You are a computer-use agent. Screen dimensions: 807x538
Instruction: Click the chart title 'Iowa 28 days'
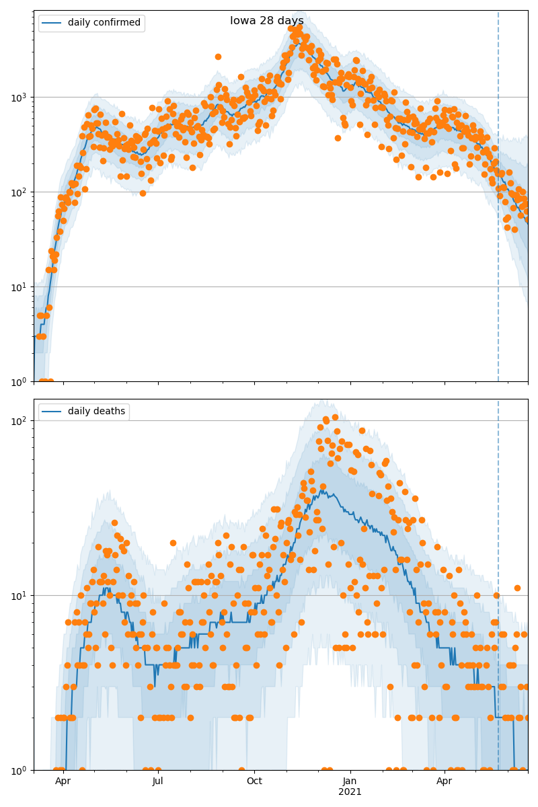click(x=266, y=21)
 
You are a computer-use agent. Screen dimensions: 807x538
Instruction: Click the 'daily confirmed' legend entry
click(x=104, y=23)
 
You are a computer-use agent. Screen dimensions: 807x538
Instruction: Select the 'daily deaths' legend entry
click(x=96, y=412)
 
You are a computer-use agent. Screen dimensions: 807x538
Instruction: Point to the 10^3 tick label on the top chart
click(x=20, y=97)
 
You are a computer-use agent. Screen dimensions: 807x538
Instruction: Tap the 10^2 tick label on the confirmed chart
click(x=20, y=192)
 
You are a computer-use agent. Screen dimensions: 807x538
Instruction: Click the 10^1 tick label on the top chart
click(x=20, y=286)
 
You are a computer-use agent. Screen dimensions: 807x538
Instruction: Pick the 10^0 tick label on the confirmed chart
click(x=20, y=381)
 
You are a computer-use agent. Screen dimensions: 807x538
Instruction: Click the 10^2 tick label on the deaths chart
click(x=20, y=420)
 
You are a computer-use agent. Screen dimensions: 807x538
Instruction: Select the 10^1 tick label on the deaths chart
click(x=20, y=595)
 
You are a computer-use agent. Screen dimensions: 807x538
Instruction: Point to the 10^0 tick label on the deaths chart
click(x=20, y=770)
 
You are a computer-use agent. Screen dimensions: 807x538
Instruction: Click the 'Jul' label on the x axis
click(x=158, y=781)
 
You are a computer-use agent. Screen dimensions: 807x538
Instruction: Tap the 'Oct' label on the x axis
click(x=254, y=781)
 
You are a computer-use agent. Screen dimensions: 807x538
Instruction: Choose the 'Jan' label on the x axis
click(x=350, y=781)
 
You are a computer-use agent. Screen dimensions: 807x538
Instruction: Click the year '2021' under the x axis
click(x=350, y=792)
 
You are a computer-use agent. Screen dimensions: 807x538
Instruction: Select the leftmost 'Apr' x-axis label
click(x=63, y=781)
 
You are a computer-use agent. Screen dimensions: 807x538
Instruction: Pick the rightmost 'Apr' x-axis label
click(x=444, y=781)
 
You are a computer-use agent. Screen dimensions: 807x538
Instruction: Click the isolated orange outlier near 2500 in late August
click(x=218, y=56)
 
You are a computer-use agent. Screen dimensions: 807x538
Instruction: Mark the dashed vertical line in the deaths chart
click(x=498, y=538)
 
